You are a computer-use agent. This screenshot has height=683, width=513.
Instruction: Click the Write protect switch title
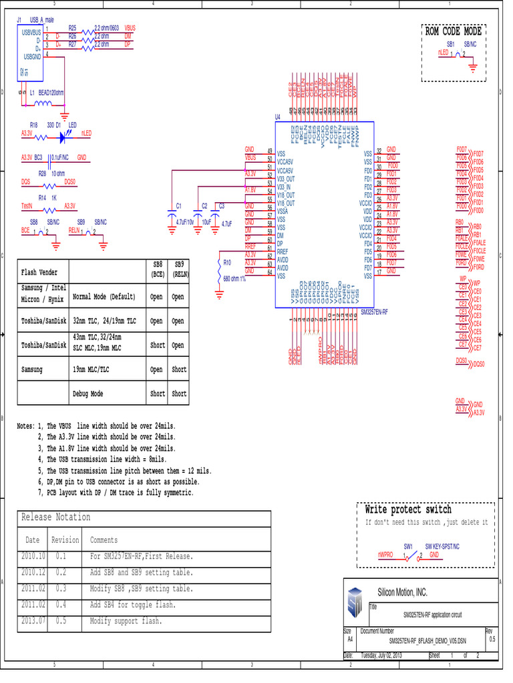point(408,510)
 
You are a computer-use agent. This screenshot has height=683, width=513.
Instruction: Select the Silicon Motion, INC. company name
point(402,592)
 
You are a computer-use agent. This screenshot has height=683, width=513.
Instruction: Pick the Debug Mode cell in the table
point(88,394)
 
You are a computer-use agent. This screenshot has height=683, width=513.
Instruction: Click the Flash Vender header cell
point(39,272)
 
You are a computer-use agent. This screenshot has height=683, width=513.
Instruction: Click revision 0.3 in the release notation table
point(61,589)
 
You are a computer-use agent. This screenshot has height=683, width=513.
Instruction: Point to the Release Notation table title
point(56,518)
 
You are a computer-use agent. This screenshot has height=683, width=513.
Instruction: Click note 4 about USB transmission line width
point(107,460)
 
